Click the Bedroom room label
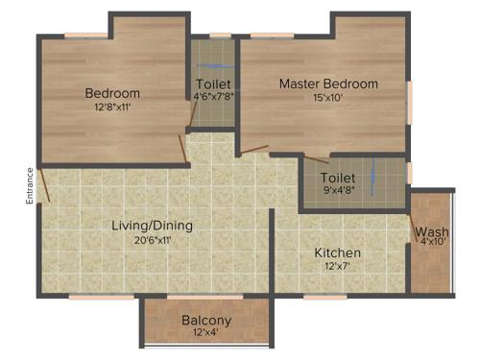click(112, 93)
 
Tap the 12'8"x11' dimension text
click(112, 108)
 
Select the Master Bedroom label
click(328, 84)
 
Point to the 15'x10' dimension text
click(328, 98)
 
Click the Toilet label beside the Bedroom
click(212, 84)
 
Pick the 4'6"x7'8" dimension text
click(212, 97)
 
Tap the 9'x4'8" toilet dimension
click(339, 191)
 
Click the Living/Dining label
click(152, 226)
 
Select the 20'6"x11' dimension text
click(152, 240)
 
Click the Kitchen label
click(338, 253)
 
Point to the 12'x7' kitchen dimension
click(338, 267)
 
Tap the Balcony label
click(205, 321)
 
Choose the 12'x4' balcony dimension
click(205, 334)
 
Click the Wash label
click(431, 231)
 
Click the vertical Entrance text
click(30, 185)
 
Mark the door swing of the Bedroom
click(182, 149)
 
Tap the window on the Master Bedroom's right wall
click(410, 101)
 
